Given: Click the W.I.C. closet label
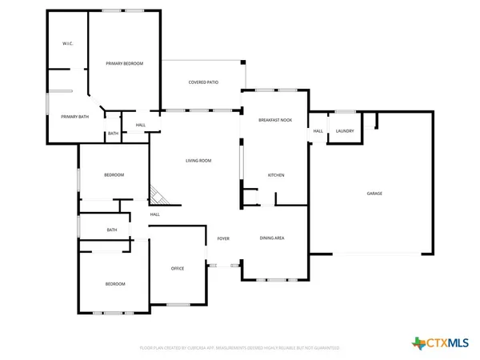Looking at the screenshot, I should [x=68, y=43].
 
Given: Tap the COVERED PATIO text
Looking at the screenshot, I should [x=203, y=82].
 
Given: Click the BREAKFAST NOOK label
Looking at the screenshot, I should [x=274, y=119].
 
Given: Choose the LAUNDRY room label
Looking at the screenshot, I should [x=345, y=131].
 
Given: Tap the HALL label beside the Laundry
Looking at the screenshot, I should [x=318, y=131].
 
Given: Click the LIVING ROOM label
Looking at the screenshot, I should [x=198, y=161].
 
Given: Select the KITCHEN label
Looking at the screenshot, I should [x=276, y=175].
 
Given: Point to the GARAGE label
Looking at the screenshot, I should [x=374, y=194].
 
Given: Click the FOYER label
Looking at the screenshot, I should [x=223, y=238].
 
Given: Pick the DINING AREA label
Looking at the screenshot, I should [x=274, y=238].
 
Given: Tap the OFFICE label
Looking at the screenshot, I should [x=178, y=269].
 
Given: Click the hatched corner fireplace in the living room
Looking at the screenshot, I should [x=158, y=194].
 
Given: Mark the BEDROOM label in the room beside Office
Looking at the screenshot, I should [x=115, y=284].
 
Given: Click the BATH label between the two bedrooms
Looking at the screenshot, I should [x=112, y=230].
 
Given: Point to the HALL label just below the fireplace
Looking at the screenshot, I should [x=155, y=214].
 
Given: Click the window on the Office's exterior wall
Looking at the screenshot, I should [x=178, y=304].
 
